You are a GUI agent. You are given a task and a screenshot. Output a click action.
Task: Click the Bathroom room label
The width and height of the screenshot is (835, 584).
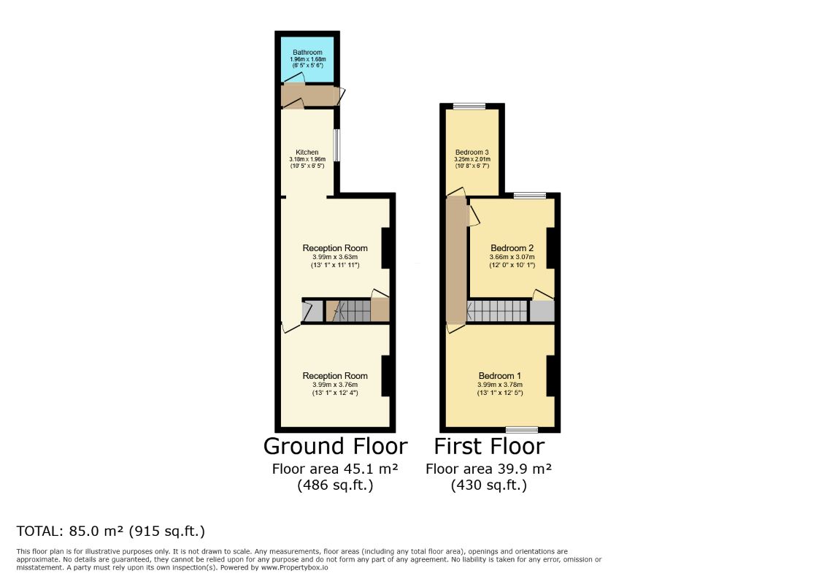(308, 52)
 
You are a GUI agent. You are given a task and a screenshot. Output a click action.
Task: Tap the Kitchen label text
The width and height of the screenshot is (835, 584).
(307, 153)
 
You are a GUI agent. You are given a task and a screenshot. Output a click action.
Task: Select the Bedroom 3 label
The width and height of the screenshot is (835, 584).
(472, 153)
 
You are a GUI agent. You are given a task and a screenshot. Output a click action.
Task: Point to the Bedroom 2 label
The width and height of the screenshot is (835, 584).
(512, 248)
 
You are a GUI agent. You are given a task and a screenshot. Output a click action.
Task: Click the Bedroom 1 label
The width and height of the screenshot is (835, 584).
(499, 376)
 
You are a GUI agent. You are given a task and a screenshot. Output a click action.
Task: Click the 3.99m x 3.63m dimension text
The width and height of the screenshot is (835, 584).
(335, 257)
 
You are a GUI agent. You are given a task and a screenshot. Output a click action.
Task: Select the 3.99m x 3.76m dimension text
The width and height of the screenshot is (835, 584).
(335, 385)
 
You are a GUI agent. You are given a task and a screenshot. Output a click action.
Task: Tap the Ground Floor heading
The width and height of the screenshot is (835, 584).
(336, 446)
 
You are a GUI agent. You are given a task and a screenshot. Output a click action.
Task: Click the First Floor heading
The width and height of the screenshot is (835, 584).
(489, 446)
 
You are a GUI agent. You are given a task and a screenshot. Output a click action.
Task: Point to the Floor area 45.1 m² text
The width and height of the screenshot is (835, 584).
(335, 469)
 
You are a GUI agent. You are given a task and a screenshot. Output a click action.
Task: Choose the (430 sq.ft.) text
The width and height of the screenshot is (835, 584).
(489, 485)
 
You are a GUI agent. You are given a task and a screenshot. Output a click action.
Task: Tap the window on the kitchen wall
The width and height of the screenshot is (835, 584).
(336, 145)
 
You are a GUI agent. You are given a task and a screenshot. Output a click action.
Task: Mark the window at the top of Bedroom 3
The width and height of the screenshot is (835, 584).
(469, 106)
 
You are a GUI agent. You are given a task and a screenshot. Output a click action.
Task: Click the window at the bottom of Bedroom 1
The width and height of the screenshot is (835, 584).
(522, 430)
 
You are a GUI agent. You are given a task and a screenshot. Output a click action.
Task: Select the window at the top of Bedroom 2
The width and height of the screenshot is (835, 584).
(530, 196)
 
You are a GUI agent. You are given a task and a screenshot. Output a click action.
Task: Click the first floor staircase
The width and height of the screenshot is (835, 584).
(497, 312)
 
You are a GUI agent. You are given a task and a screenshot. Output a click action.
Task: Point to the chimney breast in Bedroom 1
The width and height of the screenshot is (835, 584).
(550, 376)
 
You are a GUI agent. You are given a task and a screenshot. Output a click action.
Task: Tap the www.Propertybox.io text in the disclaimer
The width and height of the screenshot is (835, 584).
(294, 567)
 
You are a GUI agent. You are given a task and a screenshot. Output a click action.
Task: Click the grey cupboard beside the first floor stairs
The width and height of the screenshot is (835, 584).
(542, 312)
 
